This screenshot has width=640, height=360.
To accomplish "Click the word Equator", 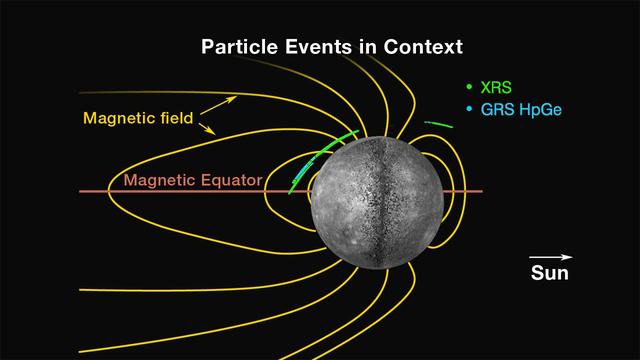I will (229, 181).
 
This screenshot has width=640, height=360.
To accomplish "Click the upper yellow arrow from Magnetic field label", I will (224, 101).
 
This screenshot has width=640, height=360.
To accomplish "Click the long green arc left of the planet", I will (320, 160).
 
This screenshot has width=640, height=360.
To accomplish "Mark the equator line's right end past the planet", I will (481, 191).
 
